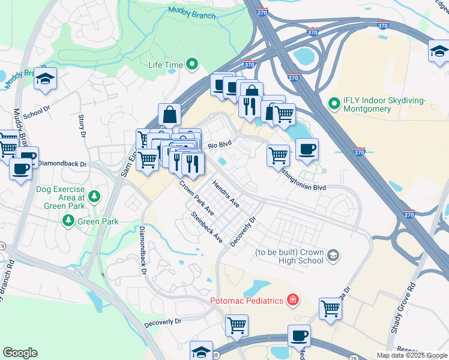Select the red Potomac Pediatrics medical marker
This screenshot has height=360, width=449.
pyautogui.click(x=292, y=299)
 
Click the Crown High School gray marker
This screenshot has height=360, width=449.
pyautogui.click(x=333, y=257)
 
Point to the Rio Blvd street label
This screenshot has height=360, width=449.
pyautogui.click(x=220, y=145)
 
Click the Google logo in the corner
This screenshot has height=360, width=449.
pyautogui.click(x=20, y=353)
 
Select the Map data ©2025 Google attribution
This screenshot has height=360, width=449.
pyautogui.click(x=412, y=355)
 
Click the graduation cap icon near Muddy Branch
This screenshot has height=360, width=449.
pyautogui.click(x=45, y=79)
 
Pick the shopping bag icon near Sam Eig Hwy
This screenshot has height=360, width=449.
pyautogui.click(x=170, y=113)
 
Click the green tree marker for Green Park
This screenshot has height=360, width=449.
pyautogui.click(x=68, y=221)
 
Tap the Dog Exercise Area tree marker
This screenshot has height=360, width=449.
pyautogui.click(x=94, y=196)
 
